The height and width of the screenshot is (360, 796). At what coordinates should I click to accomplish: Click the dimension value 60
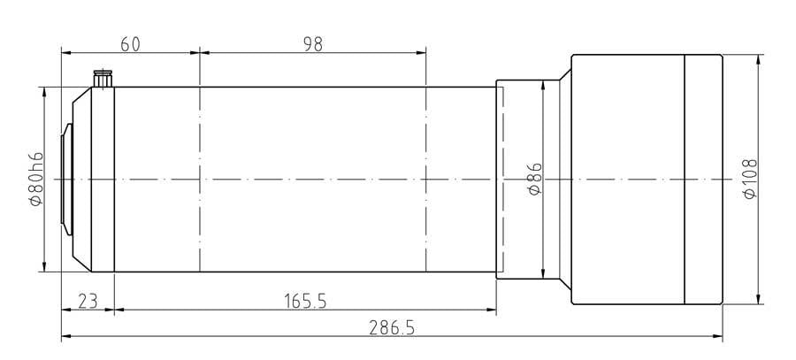click(130, 44)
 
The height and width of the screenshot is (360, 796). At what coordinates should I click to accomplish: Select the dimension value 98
click(312, 44)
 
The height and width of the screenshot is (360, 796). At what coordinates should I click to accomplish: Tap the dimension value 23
click(87, 301)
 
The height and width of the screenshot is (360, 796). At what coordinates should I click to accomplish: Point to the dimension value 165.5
click(305, 301)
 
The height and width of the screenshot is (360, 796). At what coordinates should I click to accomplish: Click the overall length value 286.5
click(391, 327)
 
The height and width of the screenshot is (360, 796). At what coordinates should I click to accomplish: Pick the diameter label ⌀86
click(534, 180)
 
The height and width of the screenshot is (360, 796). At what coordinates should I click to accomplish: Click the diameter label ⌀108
click(750, 180)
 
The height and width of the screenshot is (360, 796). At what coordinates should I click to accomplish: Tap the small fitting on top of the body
click(103, 79)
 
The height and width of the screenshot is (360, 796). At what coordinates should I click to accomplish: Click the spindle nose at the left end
click(65, 180)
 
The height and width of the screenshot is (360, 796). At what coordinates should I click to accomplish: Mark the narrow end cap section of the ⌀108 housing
click(704, 180)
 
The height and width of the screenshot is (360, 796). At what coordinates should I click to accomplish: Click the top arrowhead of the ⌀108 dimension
click(759, 60)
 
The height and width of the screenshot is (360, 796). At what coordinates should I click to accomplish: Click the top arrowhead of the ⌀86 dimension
click(543, 85)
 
